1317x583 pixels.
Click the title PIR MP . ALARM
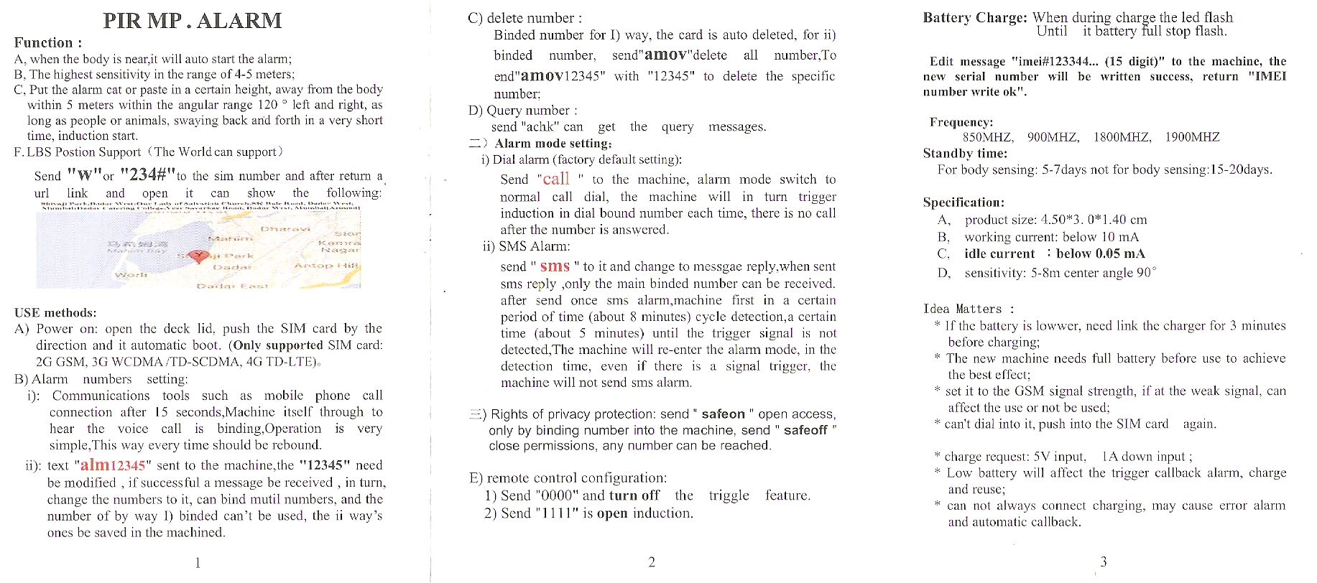click(193, 21)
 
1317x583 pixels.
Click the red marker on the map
click(198, 256)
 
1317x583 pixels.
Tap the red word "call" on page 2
click(556, 179)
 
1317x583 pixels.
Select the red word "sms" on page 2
click(555, 266)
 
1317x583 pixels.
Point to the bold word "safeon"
click(723, 414)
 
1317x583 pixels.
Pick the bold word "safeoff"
click(805, 430)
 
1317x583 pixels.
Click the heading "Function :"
click(48, 43)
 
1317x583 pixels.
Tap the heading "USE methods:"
click(55, 313)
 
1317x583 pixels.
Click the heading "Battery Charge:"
click(974, 18)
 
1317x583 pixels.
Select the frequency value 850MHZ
click(988, 137)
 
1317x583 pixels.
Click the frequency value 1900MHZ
click(1192, 137)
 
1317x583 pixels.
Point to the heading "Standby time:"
click(965, 154)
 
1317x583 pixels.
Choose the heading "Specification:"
click(964, 202)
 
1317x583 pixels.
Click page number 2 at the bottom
click(652, 562)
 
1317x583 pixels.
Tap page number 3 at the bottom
click(1104, 561)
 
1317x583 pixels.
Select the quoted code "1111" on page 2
click(557, 513)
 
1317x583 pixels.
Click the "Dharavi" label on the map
click(285, 229)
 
